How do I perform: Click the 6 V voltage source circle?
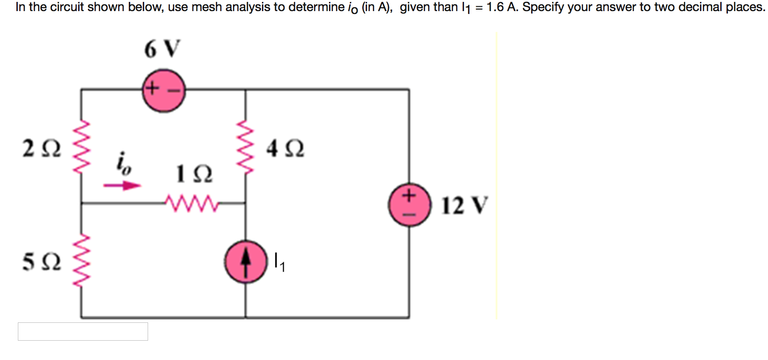tap(164, 91)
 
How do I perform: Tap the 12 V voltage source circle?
tap(410, 205)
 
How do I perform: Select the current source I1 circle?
tap(246, 262)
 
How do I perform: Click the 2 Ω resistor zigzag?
tap(81, 147)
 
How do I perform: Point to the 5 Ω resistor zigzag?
tap(81, 261)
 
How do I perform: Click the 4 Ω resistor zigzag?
tap(246, 148)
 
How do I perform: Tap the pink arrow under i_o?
tap(123, 185)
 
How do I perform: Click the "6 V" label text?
tap(162, 49)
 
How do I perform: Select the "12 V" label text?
tap(464, 205)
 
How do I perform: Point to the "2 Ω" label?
tap(42, 148)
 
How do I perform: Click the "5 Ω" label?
tap(42, 262)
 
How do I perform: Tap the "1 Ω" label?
tap(194, 174)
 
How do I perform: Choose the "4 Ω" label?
tap(285, 148)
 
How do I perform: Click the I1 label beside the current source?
tap(279, 262)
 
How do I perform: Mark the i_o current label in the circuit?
tap(123, 163)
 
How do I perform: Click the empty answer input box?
tap(83, 332)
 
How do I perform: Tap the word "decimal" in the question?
tap(700, 7)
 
